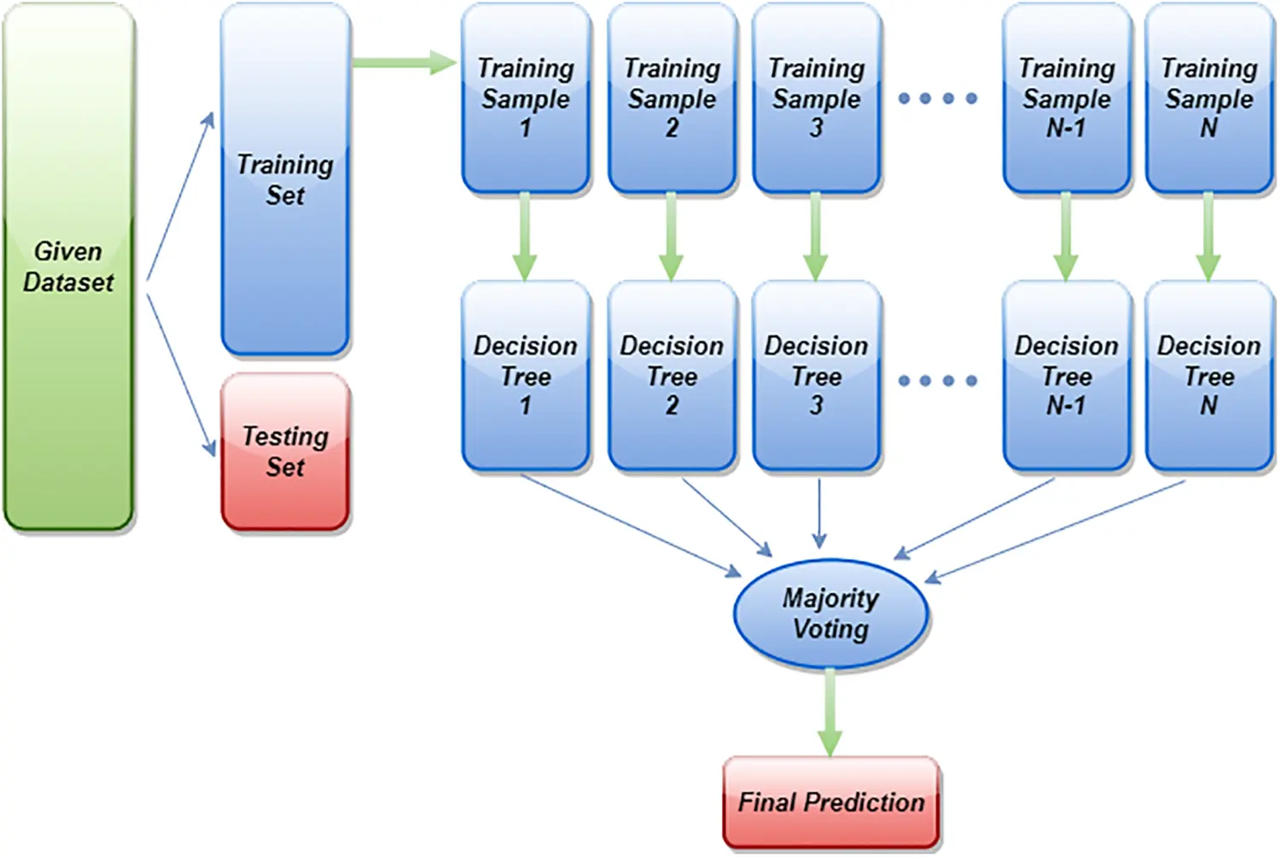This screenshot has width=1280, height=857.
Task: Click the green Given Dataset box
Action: [68, 266]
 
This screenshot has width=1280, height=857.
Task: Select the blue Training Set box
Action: [285, 179]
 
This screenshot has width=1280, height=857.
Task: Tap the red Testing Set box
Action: [285, 452]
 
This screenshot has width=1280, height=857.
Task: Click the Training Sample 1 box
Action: [526, 98]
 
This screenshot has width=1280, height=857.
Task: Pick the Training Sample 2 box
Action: [672, 98]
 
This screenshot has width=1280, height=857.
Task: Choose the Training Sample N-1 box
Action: [1067, 98]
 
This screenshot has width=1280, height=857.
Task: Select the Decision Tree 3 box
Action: [816, 376]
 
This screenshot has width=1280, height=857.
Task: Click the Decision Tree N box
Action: [1208, 376]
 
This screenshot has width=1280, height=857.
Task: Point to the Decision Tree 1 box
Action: [526, 376]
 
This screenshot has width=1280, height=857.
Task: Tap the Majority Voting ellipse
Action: [830, 614]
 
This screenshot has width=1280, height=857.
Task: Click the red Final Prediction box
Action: [830, 802]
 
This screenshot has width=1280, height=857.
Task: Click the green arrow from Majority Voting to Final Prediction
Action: [830, 713]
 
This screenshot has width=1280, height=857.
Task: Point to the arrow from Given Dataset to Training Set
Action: [181, 196]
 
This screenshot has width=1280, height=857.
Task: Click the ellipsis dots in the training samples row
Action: [938, 98]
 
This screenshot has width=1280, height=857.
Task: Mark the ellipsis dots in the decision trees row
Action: [938, 381]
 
